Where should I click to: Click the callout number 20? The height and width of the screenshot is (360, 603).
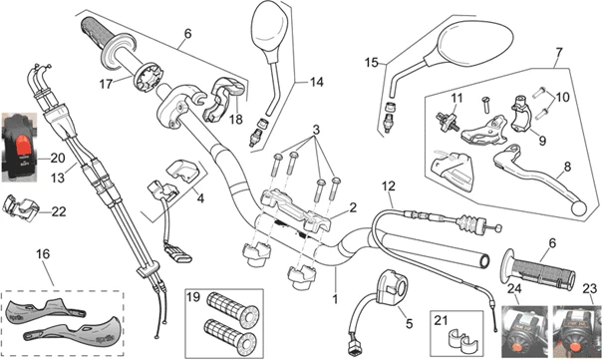click(x=58, y=158)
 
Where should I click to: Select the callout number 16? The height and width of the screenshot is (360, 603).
click(x=43, y=254)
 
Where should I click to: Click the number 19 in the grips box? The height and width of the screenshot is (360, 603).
click(x=193, y=297)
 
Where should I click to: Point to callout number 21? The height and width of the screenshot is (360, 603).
click(x=441, y=319)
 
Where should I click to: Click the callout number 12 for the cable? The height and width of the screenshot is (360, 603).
click(x=389, y=186)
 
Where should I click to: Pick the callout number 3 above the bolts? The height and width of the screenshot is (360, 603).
click(x=316, y=130)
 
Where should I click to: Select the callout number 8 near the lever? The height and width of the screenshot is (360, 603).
click(x=567, y=167)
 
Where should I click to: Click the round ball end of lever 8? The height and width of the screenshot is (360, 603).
click(x=580, y=208)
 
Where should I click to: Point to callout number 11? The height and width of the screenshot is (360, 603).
click(x=456, y=98)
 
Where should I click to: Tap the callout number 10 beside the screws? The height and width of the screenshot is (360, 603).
click(x=562, y=97)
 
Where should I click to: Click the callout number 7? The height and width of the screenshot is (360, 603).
click(x=559, y=52)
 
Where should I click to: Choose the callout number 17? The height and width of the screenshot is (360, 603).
click(x=106, y=84)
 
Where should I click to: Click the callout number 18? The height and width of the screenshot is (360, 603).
click(x=236, y=119)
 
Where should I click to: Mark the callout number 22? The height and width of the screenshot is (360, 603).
click(x=59, y=211)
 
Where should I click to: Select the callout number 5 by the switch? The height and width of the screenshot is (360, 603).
click(x=409, y=323)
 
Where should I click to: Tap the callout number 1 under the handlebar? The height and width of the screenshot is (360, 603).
click(x=335, y=298)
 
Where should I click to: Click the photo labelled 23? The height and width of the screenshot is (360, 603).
click(x=576, y=331)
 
